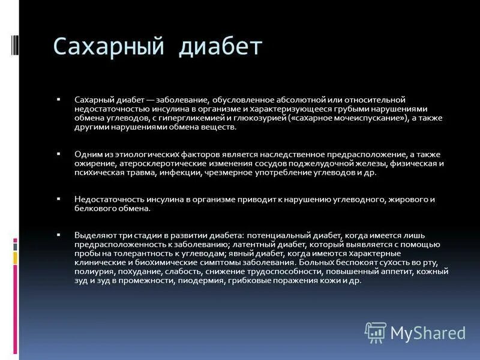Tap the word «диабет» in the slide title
click(221, 47)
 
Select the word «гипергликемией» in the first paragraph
click(196, 118)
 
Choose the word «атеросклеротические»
click(155, 163)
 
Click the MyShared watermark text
click(428, 332)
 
